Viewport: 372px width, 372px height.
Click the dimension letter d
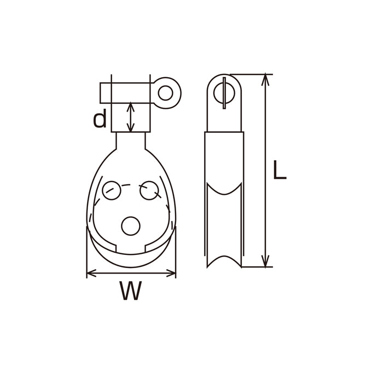pyautogui.click(x=100, y=120)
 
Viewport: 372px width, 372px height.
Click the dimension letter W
pyautogui.click(x=131, y=290)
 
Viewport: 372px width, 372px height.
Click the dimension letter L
pyautogui.click(x=280, y=170)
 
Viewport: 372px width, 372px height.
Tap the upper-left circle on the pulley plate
pyautogui.click(x=112, y=190)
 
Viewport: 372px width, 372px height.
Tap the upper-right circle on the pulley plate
pyautogui.click(x=149, y=190)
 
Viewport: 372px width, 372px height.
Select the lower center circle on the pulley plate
pyautogui.click(x=131, y=226)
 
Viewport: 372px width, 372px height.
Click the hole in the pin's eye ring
pyautogui.click(x=165, y=93)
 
